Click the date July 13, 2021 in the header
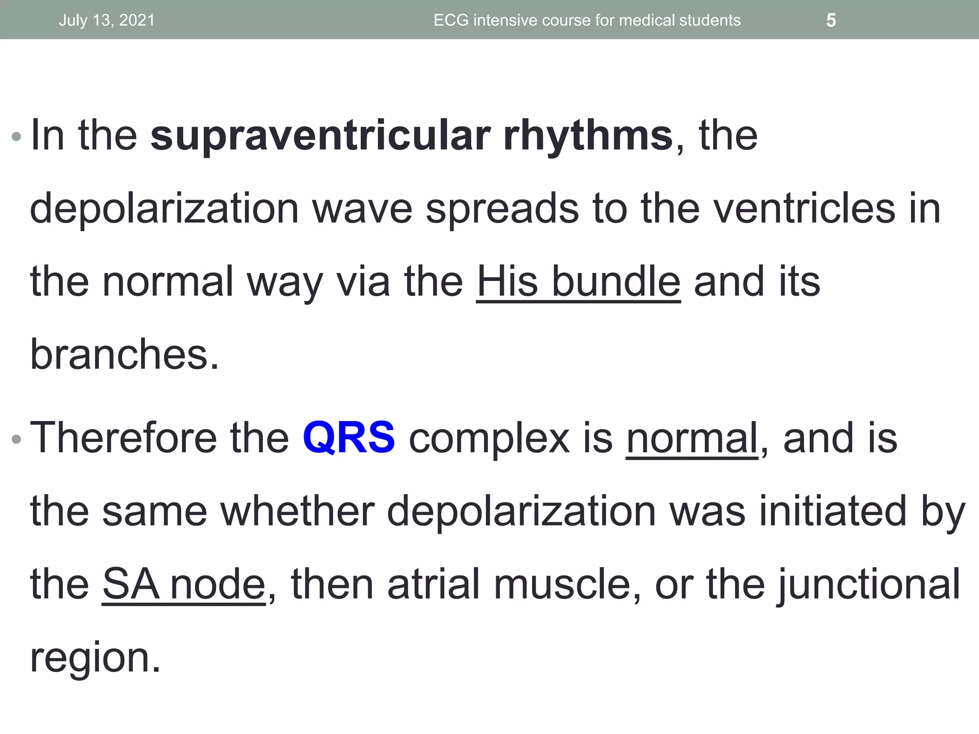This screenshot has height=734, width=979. [107, 21]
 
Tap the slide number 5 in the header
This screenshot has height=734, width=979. [831, 21]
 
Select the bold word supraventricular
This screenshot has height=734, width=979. [320, 136]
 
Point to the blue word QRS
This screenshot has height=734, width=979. [348, 437]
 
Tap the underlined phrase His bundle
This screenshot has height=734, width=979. [578, 282]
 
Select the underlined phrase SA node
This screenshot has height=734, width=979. [184, 584]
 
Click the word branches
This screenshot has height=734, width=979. [124, 355]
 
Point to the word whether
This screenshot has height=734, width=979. [297, 511]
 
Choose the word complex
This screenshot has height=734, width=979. [489, 439]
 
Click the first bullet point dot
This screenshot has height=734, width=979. [16, 137]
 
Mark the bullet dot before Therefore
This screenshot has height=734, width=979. [16, 439]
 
